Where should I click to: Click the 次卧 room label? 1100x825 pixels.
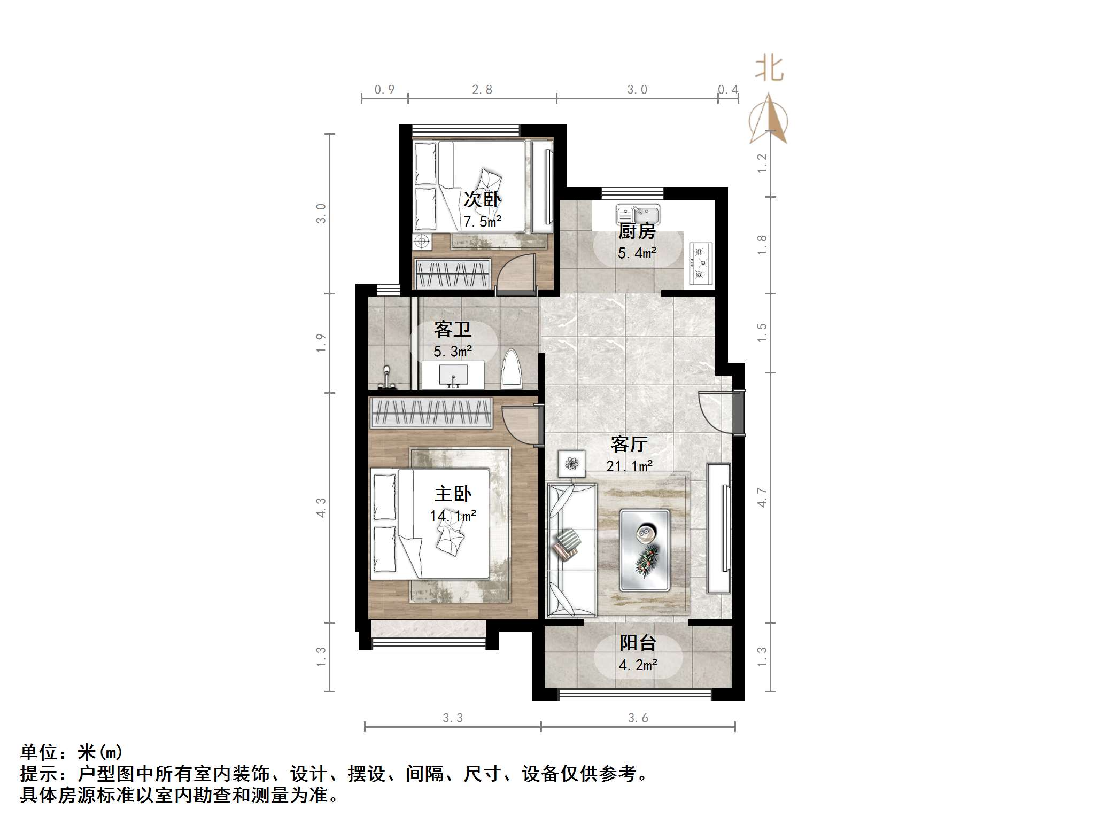[482, 200]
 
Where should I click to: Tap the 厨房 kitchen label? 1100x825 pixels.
[637, 232]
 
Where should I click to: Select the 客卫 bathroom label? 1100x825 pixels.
[452, 330]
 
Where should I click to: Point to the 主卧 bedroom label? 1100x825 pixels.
[453, 494]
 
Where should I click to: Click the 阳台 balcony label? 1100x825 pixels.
[638, 643]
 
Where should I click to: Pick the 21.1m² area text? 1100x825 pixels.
[629, 466]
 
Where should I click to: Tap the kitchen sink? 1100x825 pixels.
[638, 214]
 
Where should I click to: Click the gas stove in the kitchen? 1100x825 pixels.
[700, 263]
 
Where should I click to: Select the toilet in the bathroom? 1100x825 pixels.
[512, 368]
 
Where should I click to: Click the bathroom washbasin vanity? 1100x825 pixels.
[453, 375]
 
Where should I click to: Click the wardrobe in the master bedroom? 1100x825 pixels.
[431, 412]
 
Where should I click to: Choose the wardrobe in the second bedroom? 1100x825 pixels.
[453, 274]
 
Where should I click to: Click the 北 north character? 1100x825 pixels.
[769, 69]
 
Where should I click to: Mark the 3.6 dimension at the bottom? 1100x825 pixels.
[638, 718]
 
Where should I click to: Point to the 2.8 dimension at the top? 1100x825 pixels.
[482, 90]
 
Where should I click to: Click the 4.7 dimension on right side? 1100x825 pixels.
[762, 497]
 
